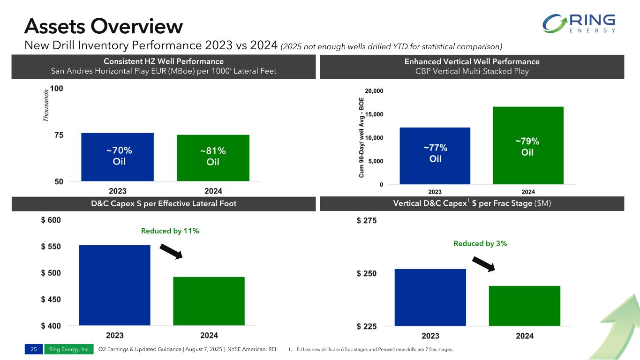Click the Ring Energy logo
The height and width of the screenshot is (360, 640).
[x=579, y=23]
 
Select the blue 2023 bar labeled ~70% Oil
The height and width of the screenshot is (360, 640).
[x=118, y=157]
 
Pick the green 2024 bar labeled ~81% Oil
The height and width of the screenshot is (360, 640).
[x=213, y=157]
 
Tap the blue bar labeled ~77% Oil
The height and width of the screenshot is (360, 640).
[x=435, y=156]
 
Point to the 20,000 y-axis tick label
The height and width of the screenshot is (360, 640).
[x=374, y=91]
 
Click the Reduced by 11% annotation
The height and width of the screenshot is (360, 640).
[x=170, y=231]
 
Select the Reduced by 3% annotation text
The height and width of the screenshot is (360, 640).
[x=481, y=244]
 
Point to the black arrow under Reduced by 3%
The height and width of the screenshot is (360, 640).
[x=483, y=264]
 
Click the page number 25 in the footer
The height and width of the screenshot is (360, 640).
[x=34, y=349]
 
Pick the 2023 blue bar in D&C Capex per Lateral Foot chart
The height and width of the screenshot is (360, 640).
[x=114, y=285]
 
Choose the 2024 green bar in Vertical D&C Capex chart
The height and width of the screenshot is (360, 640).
[x=524, y=306]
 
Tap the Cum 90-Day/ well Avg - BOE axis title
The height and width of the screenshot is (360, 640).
[x=361, y=141]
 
